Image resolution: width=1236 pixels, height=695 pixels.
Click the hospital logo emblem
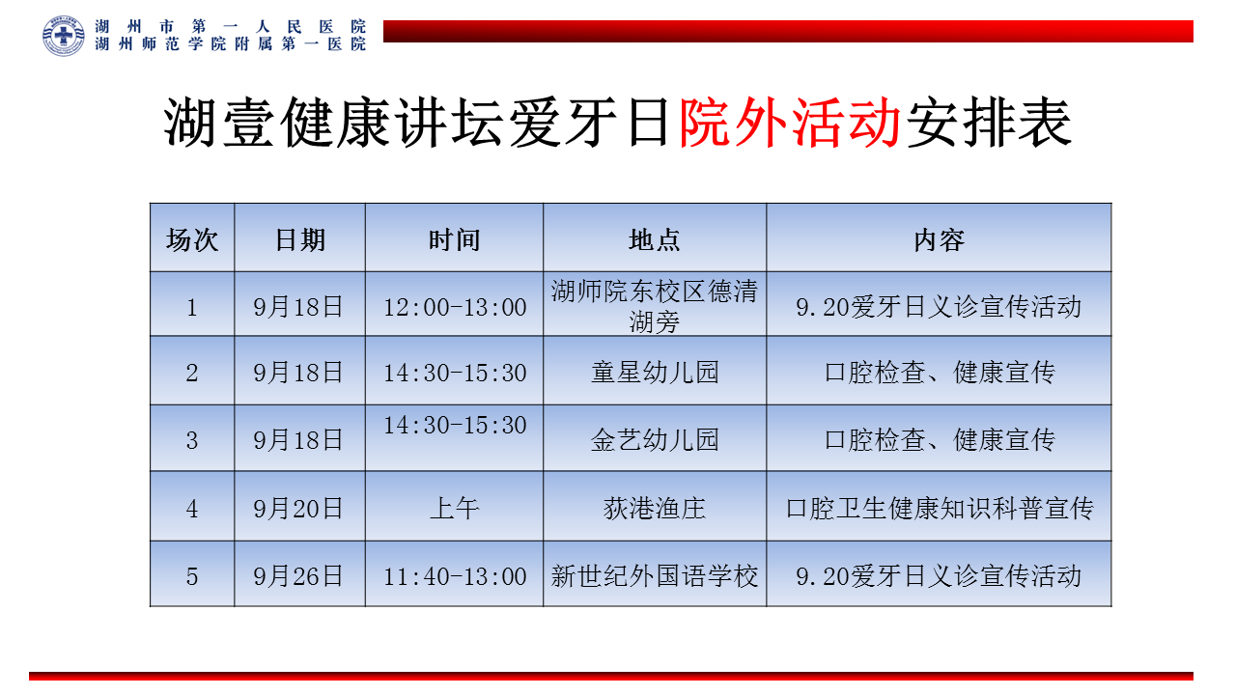point(64,36)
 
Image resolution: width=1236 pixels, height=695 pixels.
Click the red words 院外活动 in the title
point(790,123)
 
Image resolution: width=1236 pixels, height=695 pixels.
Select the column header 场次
point(192,240)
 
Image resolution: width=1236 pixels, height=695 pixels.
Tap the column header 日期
point(299,240)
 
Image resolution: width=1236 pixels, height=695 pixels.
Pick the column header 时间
point(454,240)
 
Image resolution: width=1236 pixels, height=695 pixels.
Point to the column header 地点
point(655,240)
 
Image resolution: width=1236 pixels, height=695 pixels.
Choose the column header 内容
point(939,240)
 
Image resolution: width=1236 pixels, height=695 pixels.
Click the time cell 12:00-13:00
point(455,307)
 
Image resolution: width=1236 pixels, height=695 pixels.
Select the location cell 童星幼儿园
point(655,373)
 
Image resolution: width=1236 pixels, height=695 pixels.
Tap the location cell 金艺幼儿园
point(655,439)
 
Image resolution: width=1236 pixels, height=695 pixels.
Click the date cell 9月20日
point(298,508)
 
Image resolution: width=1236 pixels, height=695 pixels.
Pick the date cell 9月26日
point(298,576)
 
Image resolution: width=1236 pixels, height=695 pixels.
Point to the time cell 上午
point(454,508)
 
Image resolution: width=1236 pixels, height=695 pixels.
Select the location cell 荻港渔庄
point(655,508)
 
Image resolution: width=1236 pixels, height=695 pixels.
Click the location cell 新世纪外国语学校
point(655,576)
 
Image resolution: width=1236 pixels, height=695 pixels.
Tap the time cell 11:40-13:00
point(455,577)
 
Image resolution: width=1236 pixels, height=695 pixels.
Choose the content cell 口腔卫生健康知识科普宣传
point(940,508)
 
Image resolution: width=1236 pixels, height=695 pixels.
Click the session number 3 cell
point(191,440)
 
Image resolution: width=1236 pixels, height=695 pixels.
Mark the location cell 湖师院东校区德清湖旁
point(655,306)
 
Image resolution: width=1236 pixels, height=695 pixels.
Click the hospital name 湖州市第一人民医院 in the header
point(230,26)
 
